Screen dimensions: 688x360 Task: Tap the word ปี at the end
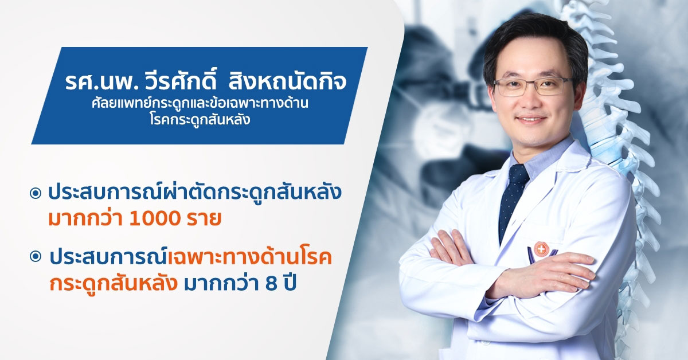(290, 282)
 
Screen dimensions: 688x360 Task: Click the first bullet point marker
(36, 193)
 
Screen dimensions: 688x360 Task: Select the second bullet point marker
(36, 257)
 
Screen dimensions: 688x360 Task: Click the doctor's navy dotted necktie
(513, 199)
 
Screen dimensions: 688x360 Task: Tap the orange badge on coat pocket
(541, 249)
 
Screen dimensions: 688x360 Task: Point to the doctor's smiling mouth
(531, 119)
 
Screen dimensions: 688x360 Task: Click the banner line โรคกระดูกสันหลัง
(200, 119)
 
